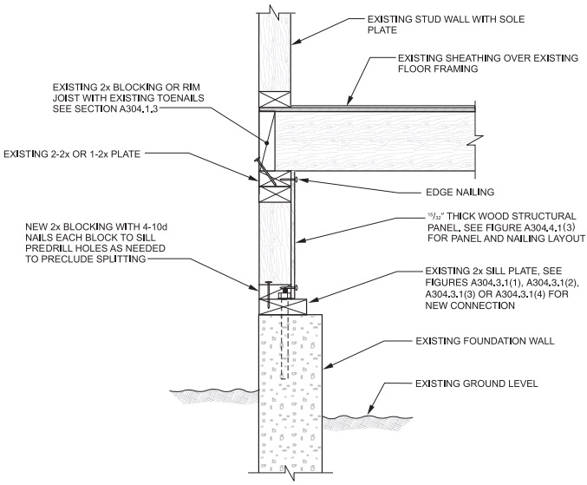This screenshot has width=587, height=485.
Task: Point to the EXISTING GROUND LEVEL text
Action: pyautogui.click(x=465, y=383)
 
